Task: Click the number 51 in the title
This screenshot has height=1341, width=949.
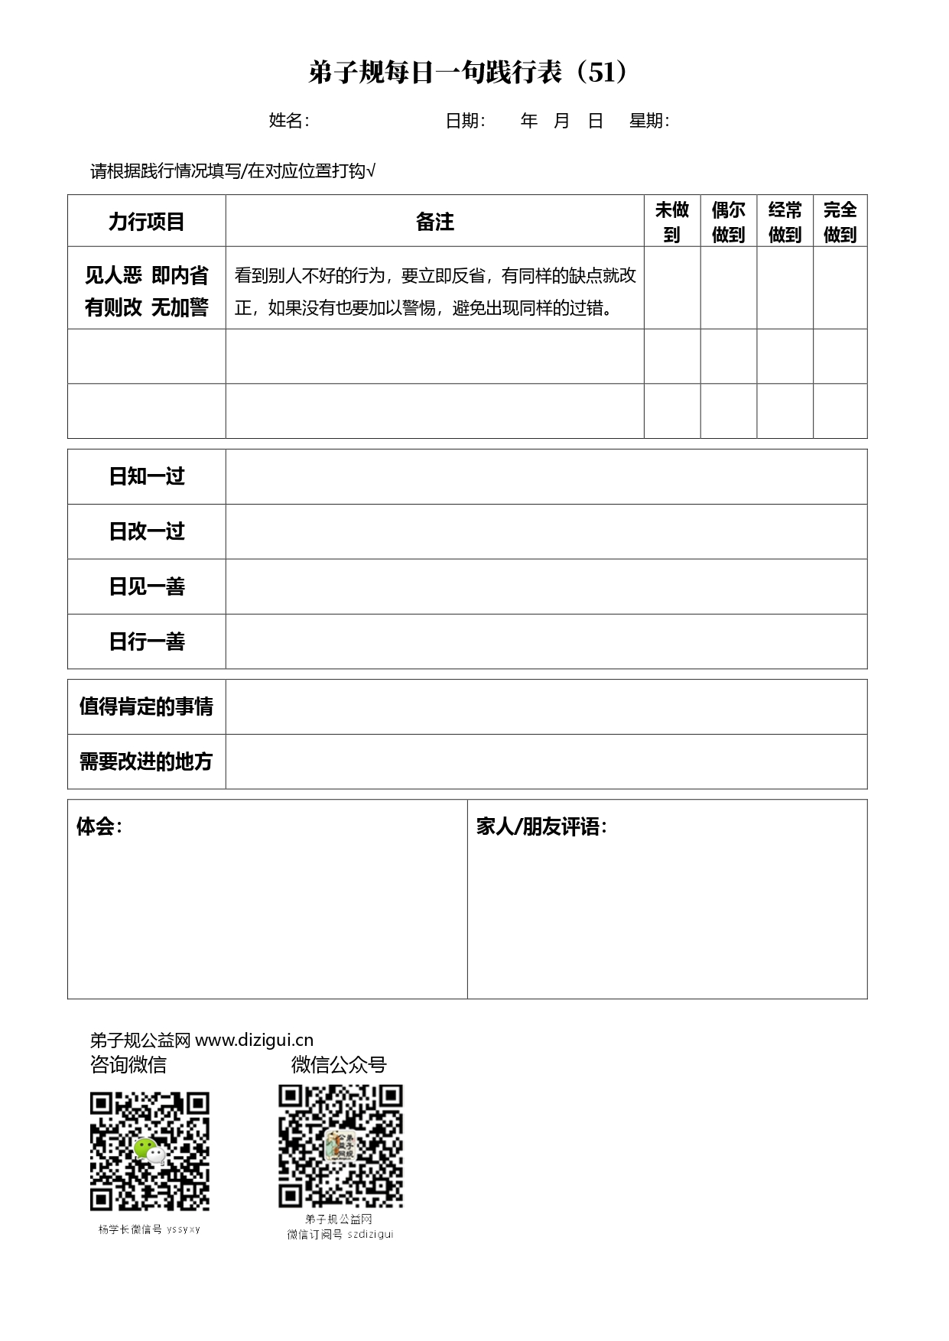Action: point(602,73)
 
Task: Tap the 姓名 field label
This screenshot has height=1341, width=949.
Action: point(288,121)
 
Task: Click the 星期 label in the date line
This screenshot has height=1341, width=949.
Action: point(648,121)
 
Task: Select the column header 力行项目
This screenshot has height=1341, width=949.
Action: point(146,222)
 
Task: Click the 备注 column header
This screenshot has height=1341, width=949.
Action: point(434,222)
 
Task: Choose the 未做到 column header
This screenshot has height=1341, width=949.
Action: point(671,222)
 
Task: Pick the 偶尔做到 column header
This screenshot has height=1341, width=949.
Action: point(728,222)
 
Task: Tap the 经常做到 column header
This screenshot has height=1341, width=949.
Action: point(785,222)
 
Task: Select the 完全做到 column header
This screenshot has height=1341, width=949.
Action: point(840,222)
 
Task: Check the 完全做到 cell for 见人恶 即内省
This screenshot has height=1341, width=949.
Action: point(840,288)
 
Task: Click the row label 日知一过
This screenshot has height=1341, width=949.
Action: point(146,476)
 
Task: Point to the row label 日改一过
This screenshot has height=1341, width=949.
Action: point(146,531)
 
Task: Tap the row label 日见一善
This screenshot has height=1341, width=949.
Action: point(146,586)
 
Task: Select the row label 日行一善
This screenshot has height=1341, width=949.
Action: point(146,641)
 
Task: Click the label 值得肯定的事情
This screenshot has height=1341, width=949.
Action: point(146,706)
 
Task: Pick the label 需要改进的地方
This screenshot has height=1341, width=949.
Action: point(146,761)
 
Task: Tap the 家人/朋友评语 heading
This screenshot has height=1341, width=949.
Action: point(541,826)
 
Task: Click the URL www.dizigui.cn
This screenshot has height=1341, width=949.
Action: point(254,1040)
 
